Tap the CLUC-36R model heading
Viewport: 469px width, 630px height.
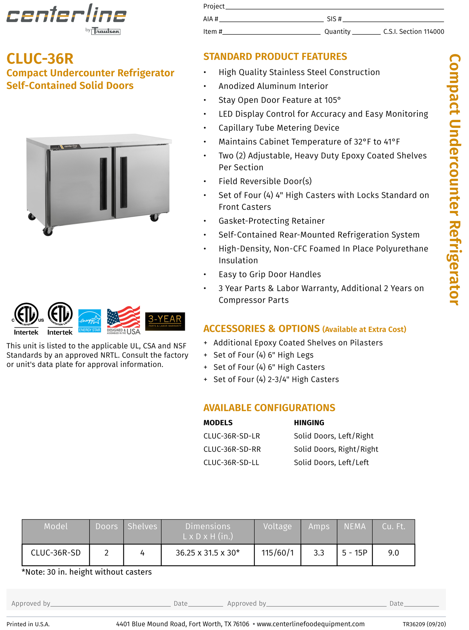click(x=40, y=59)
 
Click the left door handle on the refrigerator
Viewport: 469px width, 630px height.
click(x=103, y=183)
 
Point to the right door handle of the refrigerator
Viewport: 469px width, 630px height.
click(x=124, y=182)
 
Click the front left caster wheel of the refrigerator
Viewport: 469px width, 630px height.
click(x=48, y=232)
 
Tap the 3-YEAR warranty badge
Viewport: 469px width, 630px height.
click(x=165, y=321)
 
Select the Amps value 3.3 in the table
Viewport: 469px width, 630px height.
click(x=319, y=553)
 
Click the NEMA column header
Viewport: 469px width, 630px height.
click(x=354, y=526)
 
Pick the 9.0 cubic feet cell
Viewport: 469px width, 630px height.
click(x=393, y=553)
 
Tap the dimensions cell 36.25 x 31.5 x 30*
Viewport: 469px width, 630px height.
click(x=208, y=553)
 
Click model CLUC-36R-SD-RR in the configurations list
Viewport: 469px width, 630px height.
click(x=232, y=449)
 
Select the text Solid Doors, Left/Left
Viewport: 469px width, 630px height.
click(x=331, y=462)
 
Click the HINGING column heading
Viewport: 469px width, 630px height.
click(x=309, y=422)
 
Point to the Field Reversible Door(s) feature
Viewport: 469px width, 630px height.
click(x=265, y=181)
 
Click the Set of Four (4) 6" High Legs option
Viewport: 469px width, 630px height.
click(x=264, y=355)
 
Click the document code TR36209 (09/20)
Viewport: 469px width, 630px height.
click(x=424, y=624)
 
